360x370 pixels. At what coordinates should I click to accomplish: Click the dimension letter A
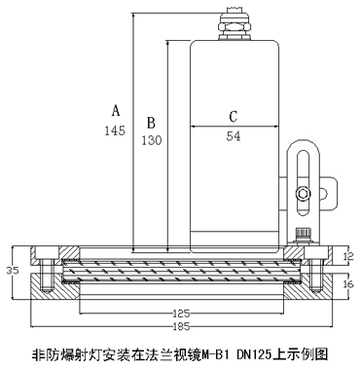point(116,110)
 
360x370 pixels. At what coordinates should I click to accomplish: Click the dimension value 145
point(115,130)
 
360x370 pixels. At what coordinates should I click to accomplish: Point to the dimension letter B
point(151,123)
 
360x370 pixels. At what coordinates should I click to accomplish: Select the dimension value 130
point(151,140)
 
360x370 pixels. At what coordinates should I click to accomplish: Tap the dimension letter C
point(234,117)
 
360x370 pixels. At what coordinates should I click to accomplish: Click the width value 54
point(234,136)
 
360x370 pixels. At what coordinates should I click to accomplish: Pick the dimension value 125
point(181,314)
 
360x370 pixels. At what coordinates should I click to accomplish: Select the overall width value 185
point(181,326)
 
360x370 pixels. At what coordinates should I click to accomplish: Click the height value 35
point(13,270)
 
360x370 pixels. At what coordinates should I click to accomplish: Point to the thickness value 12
point(349,256)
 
